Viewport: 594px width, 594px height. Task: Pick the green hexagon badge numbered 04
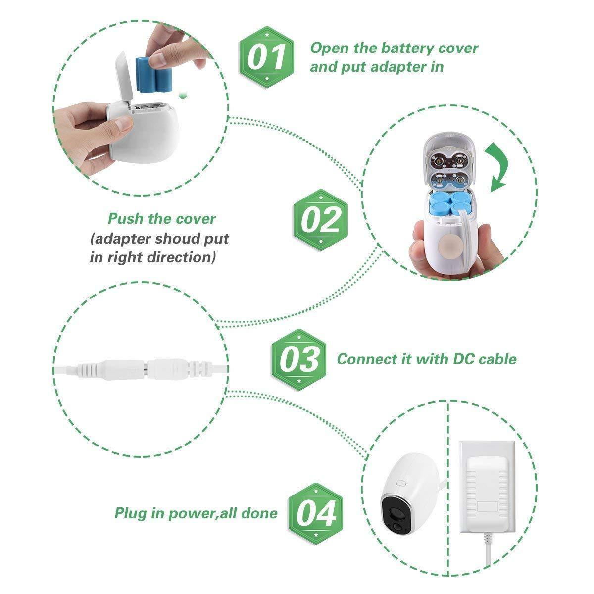(x=316, y=512)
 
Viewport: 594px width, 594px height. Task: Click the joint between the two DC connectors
(x=150, y=369)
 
